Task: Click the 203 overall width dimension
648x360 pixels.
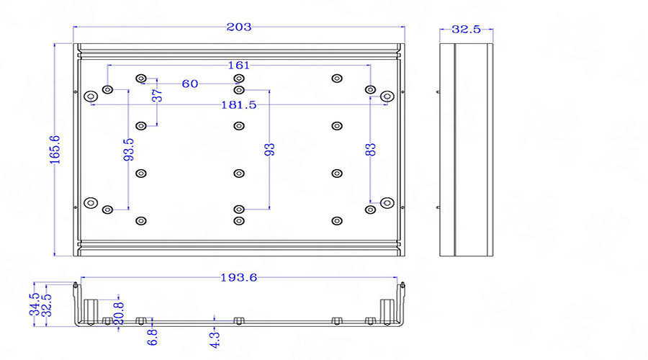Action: (x=238, y=27)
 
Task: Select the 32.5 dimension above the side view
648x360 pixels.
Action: (x=466, y=30)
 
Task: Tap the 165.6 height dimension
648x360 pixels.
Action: (x=55, y=150)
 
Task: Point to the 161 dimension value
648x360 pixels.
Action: (x=239, y=66)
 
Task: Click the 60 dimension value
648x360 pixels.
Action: (x=190, y=84)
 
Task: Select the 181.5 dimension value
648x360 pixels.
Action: (x=239, y=105)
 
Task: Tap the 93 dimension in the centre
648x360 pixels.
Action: (x=270, y=150)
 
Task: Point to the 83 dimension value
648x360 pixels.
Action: (x=371, y=150)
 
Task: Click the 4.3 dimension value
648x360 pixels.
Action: (x=215, y=336)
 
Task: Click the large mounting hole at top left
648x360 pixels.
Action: (x=91, y=96)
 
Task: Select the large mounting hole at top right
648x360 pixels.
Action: (x=387, y=96)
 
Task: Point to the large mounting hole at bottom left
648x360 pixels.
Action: (x=91, y=203)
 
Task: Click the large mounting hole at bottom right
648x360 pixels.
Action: (x=387, y=203)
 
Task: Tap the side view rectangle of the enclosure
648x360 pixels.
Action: (x=467, y=150)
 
